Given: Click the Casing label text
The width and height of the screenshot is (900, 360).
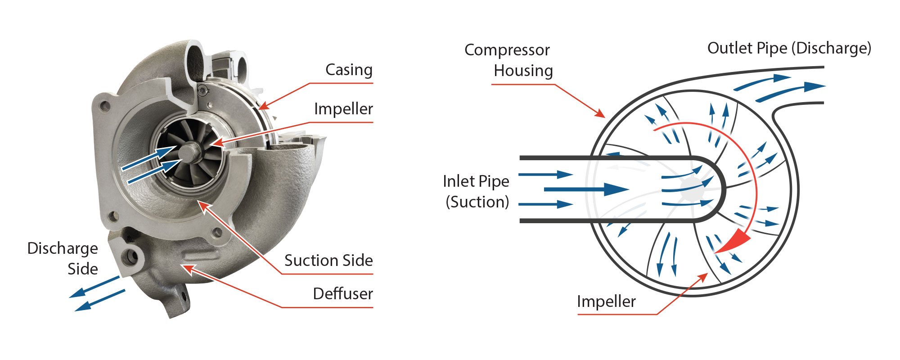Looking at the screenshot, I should point(349,70).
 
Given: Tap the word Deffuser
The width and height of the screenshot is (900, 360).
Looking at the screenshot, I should point(343,294).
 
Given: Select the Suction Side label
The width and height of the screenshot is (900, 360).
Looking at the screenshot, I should point(328,261).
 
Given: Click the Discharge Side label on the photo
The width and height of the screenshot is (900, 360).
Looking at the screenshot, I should point(63,258).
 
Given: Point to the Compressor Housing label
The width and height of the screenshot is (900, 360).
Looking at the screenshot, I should point(508,60).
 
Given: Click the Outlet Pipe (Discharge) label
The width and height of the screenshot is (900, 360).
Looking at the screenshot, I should point(789,48).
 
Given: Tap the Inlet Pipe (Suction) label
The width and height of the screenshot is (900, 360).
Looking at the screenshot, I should point(476,191).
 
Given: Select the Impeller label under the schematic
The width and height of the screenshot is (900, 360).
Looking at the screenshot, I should point(606,301).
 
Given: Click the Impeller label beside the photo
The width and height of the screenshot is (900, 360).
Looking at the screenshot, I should point(343,109).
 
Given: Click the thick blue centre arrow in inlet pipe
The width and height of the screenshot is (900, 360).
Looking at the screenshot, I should point(585,189).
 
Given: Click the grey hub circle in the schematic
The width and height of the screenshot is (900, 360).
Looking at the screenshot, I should point(693,188).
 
